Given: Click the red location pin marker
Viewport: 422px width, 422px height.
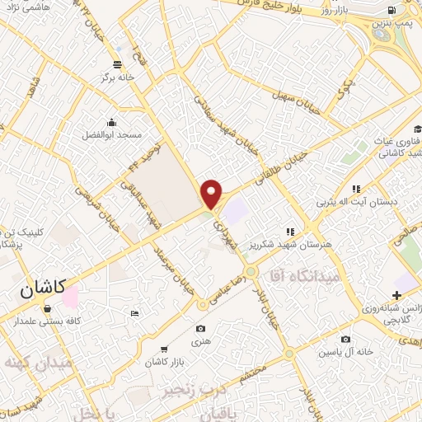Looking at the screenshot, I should coord(212,194).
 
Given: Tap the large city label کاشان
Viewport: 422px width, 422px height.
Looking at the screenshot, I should coord(41,290).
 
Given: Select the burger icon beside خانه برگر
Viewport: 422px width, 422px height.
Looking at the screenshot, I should coord(118,63).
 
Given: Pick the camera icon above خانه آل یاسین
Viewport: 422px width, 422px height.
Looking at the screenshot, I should coord(345,339).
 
